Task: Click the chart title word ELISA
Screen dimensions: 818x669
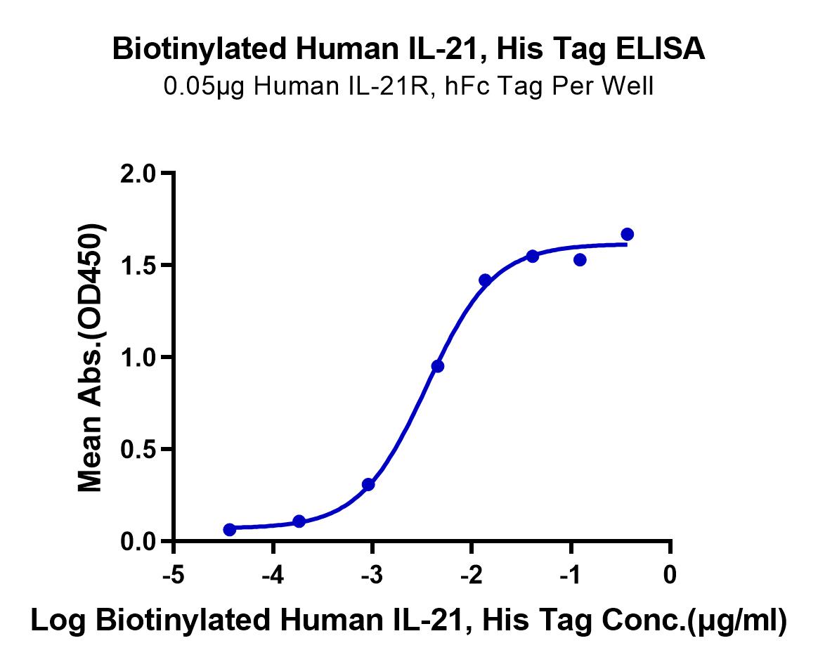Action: point(661,49)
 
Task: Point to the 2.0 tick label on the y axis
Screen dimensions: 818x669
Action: point(138,174)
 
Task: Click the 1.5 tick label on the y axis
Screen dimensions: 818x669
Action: point(138,266)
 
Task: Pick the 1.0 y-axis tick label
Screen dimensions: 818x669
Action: point(138,358)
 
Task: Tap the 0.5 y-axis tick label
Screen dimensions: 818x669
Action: point(138,449)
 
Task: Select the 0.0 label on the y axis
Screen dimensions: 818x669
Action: point(138,542)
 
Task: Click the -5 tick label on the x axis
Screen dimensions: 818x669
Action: point(174,576)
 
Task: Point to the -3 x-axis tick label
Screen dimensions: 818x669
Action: point(372,576)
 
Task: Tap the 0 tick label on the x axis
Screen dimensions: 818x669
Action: point(670,575)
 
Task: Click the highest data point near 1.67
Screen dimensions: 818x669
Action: point(627,234)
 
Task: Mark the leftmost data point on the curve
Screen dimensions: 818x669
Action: point(230,530)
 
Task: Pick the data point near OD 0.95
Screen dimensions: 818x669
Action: point(438,366)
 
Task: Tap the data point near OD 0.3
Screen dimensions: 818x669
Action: point(368,484)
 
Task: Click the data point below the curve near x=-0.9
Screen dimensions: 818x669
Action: point(580,259)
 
